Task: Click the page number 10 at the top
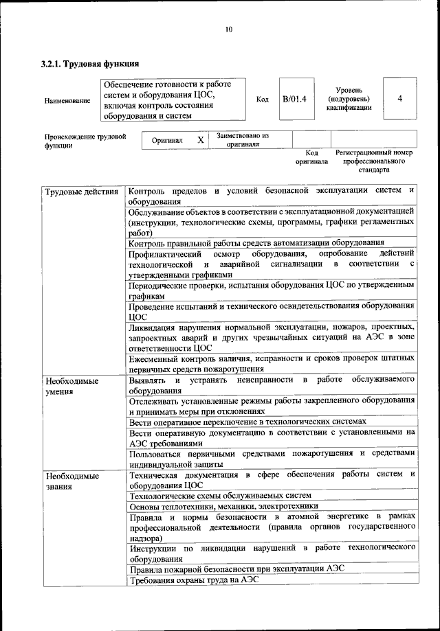(229, 29)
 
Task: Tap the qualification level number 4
(399, 98)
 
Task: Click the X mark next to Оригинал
(201, 140)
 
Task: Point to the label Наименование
(67, 101)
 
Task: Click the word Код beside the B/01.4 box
(262, 100)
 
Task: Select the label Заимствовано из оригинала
(243, 140)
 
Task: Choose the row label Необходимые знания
(71, 481)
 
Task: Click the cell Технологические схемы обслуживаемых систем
(220, 495)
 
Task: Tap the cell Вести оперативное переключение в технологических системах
(247, 421)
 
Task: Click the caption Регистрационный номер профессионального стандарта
(373, 161)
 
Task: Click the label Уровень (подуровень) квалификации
(354, 99)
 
